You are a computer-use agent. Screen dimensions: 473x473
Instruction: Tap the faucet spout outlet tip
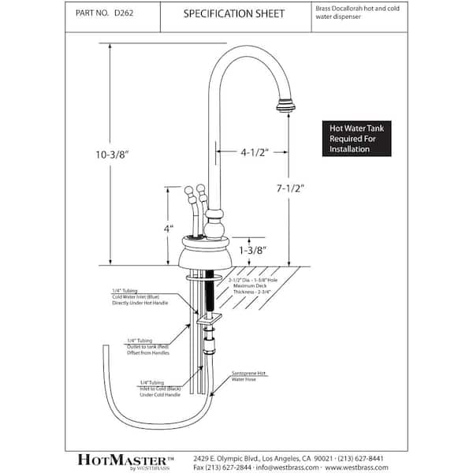[285, 103]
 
